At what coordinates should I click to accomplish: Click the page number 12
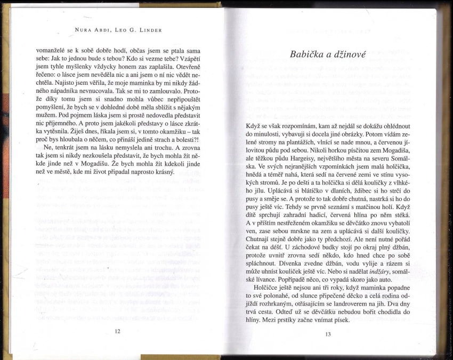click(x=117, y=331)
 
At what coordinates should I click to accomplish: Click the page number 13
click(x=328, y=334)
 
